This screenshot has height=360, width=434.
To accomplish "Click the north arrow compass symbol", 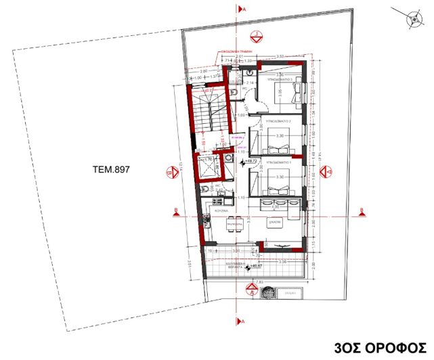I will (x=413, y=20).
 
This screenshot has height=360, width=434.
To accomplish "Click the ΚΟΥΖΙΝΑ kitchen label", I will (x=224, y=212).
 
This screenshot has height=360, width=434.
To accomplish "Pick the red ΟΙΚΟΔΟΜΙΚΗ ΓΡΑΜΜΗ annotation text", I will (x=236, y=51).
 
